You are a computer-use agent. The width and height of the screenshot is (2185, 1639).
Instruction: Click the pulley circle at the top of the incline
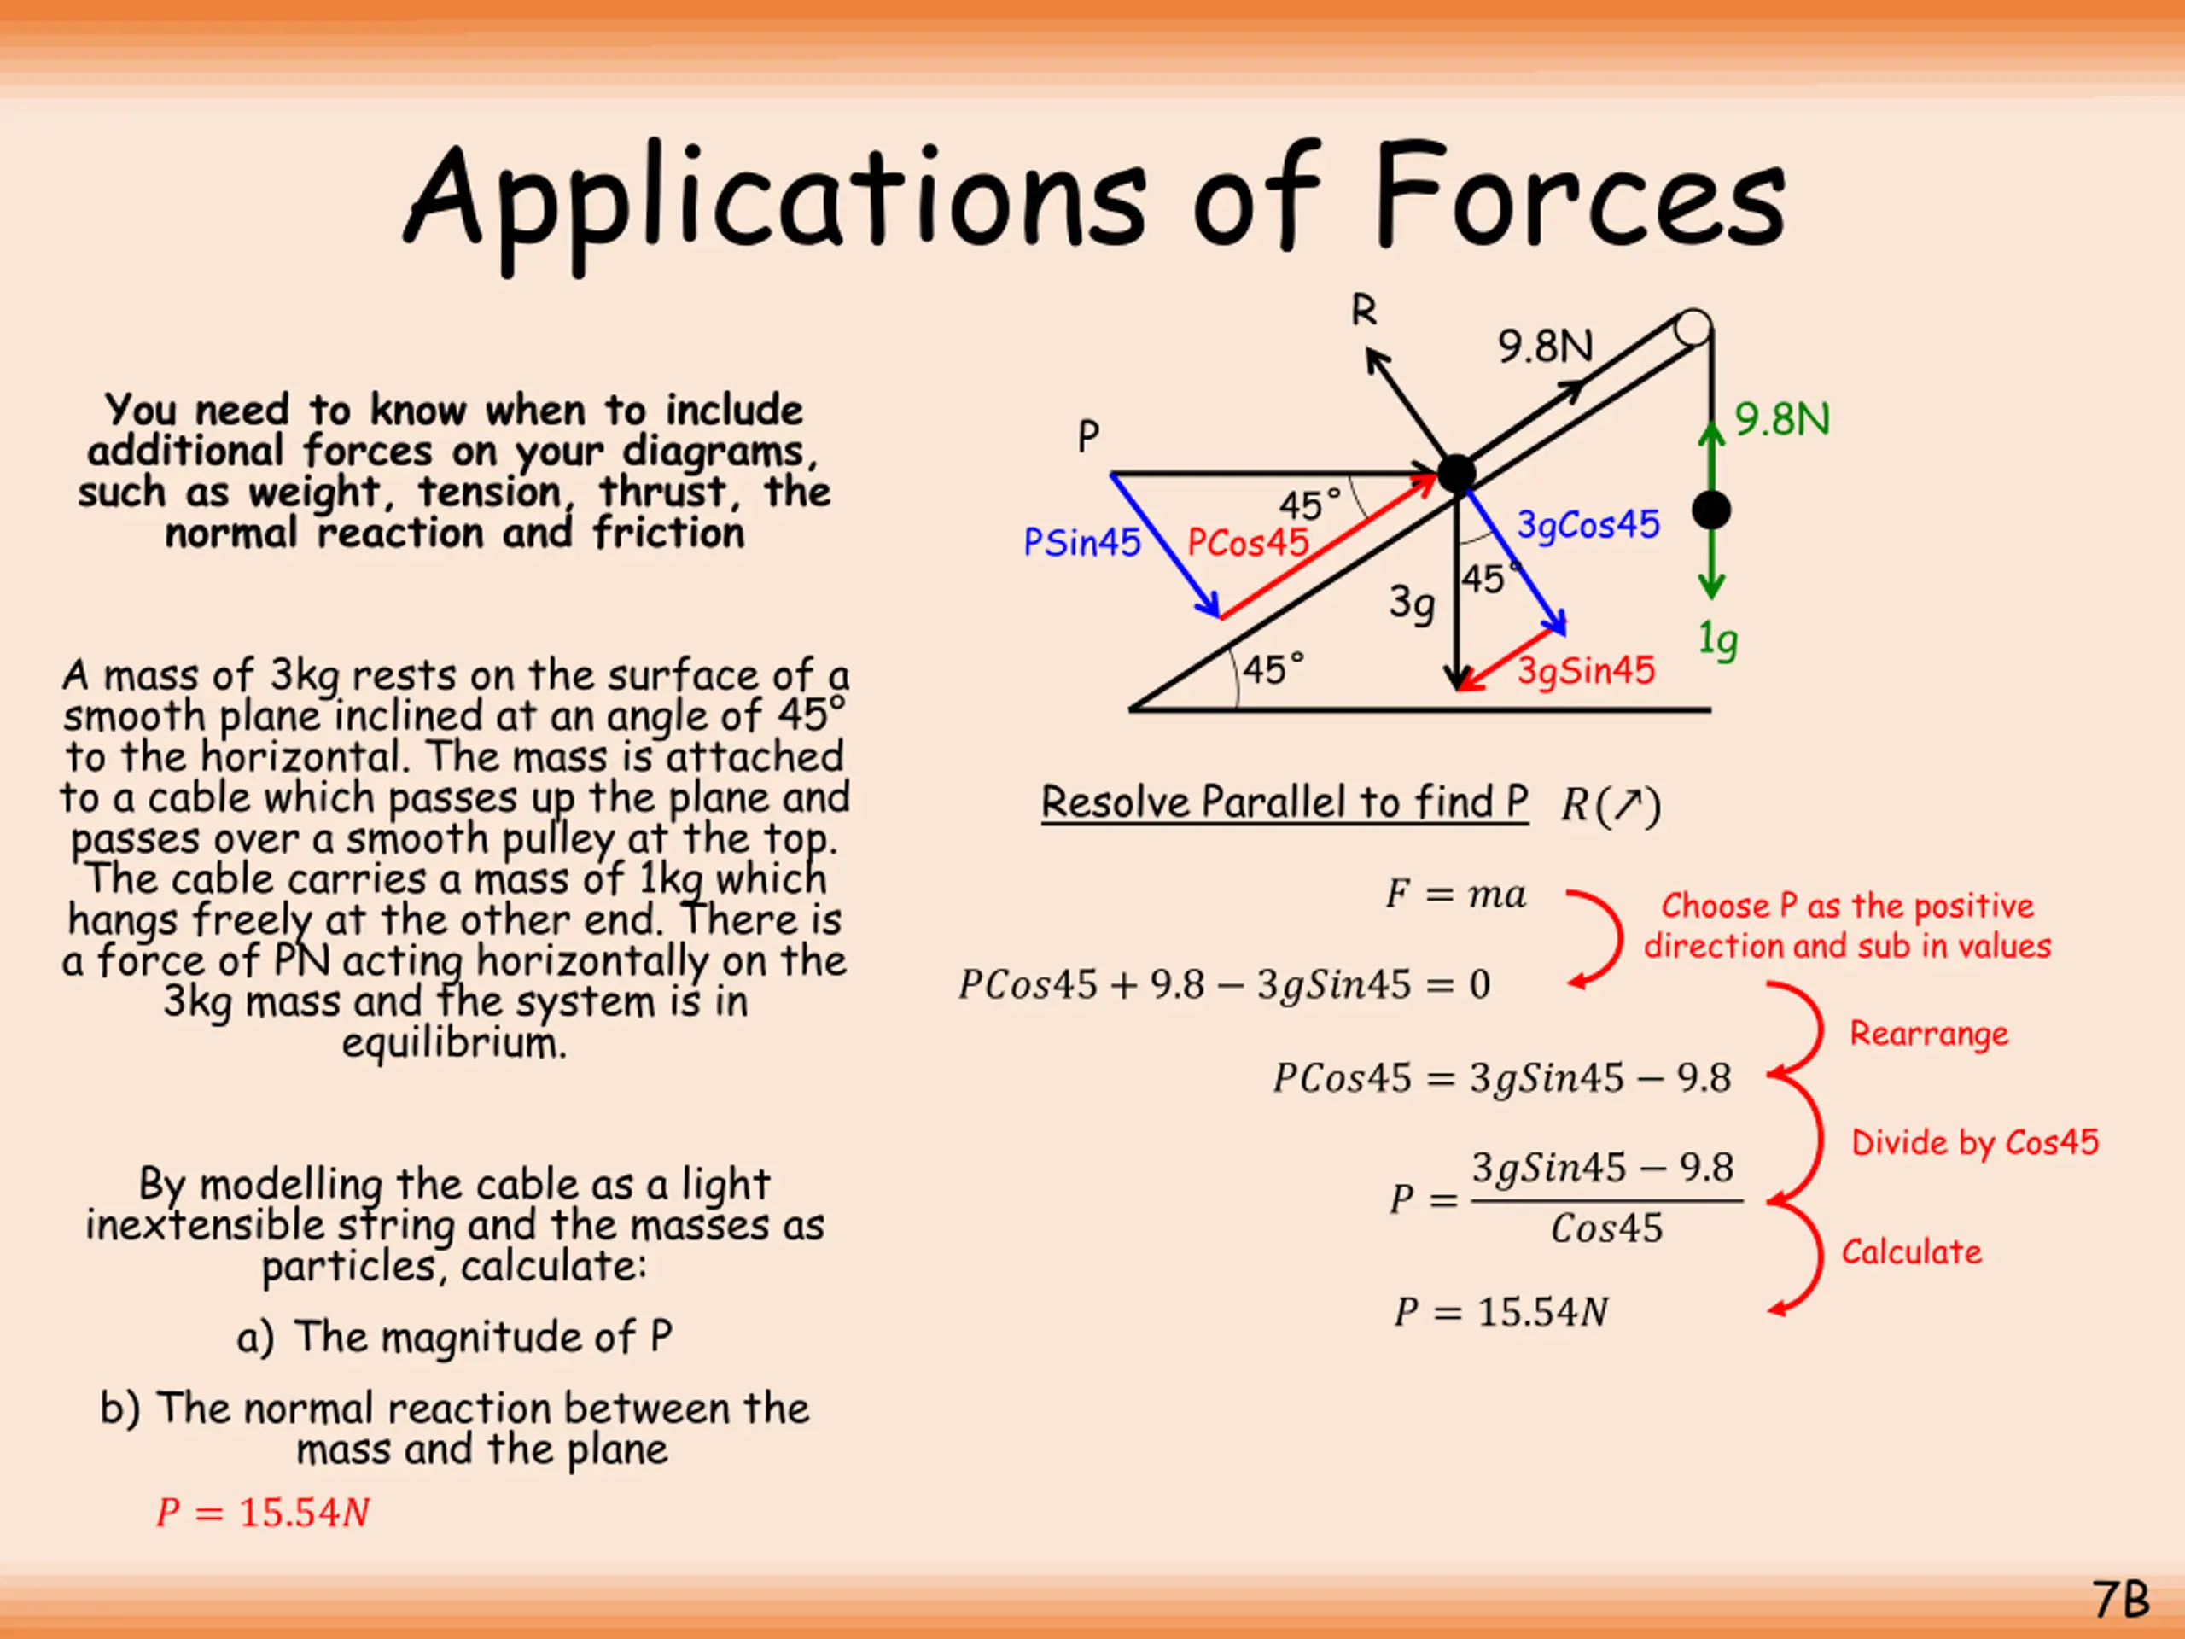click(1693, 327)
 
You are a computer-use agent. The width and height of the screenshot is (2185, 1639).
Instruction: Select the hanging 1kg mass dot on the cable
click(1710, 510)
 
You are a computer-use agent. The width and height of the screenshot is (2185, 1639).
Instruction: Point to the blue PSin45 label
click(1081, 542)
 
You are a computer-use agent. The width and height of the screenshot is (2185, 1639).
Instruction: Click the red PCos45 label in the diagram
click(1247, 542)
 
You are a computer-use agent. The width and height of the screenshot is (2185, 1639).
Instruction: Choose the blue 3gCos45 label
click(1588, 525)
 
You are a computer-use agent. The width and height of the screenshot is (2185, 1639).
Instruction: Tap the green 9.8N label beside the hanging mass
click(1782, 420)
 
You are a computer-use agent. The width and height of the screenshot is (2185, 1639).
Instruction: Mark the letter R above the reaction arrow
click(1363, 312)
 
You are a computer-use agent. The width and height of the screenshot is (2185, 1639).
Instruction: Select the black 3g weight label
click(1412, 602)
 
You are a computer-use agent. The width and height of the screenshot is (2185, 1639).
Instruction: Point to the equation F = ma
click(1455, 894)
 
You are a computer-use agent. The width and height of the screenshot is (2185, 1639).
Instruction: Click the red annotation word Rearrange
click(1928, 1034)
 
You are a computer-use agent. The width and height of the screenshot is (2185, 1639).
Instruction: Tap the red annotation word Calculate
click(1911, 1251)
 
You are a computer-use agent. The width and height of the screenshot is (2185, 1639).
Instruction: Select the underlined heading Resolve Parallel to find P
click(1285, 802)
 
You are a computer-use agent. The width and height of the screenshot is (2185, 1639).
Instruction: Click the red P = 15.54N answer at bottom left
click(263, 1513)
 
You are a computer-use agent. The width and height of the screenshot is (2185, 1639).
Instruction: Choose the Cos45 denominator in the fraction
click(1606, 1229)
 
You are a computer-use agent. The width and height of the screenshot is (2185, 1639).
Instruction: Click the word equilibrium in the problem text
click(454, 1043)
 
